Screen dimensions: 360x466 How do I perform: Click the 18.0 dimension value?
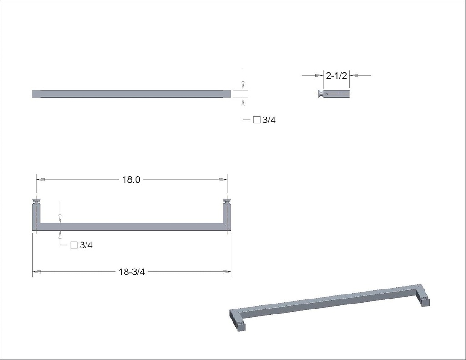[131, 180]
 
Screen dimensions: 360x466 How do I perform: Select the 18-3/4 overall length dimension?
[132, 272]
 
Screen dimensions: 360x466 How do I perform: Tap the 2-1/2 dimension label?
[336, 76]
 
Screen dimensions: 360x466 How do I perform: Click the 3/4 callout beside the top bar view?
[269, 120]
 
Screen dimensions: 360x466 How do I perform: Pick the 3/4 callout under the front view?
[86, 245]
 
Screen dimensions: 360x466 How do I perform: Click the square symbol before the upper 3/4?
[257, 120]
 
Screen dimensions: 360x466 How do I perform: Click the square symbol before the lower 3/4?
[74, 245]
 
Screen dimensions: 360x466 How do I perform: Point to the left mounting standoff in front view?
[36, 201]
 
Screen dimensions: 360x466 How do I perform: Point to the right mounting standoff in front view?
[227, 201]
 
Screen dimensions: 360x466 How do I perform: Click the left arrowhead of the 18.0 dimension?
[41, 180]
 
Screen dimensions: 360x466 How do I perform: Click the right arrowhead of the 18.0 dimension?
[223, 180]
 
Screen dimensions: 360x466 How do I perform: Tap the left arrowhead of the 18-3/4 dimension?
[36, 272]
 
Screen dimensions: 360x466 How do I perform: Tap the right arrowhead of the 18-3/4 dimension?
[227, 272]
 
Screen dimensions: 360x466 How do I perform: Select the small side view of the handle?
[334, 94]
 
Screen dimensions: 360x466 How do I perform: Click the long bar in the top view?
[132, 94]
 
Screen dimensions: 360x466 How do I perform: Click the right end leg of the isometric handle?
[425, 301]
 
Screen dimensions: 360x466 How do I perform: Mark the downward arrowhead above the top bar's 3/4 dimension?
[243, 85]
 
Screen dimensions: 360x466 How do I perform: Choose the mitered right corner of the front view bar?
[227, 227]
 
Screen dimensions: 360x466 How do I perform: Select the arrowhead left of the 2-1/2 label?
[319, 76]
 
